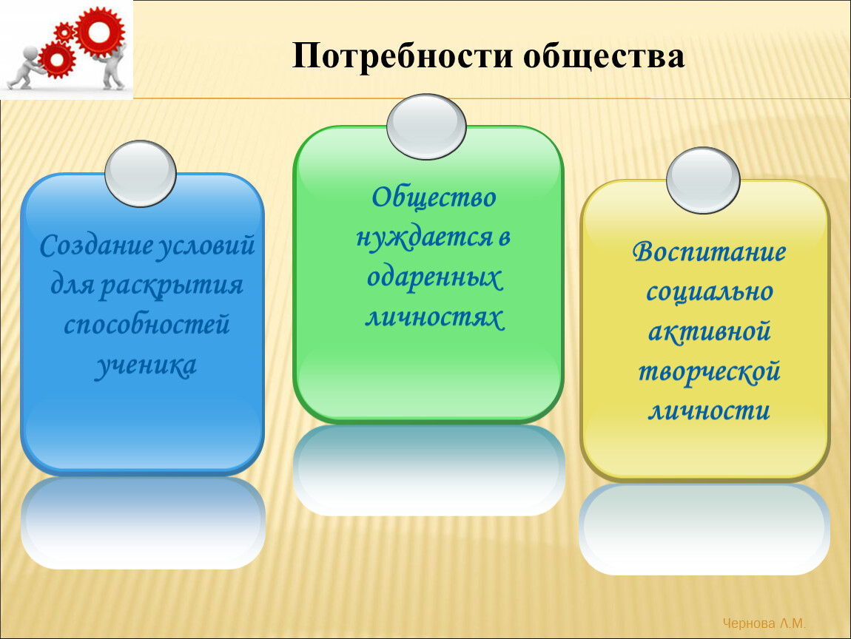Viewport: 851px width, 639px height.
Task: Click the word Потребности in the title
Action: coord(402,56)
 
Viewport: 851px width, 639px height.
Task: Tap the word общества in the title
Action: coord(604,56)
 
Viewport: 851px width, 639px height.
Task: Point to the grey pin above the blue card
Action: coord(141,174)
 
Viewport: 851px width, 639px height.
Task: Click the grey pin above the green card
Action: coord(426,127)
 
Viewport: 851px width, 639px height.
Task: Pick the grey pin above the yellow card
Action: coord(704,180)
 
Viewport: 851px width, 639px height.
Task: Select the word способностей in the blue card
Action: coord(147,325)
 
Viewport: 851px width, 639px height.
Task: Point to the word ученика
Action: coord(146,365)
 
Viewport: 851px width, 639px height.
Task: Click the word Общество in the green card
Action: coord(434,197)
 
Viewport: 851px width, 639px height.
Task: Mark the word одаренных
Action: coord(434,278)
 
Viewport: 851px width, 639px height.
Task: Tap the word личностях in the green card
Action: coord(434,317)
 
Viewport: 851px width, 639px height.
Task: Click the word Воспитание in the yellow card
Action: coord(709,252)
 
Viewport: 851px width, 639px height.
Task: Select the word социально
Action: coord(710,292)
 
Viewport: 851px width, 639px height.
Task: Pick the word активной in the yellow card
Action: coord(710,331)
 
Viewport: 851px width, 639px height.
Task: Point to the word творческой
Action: coord(709,372)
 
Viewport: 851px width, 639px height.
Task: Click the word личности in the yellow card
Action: coord(710,411)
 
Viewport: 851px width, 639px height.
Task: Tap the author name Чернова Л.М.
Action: coord(764,623)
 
